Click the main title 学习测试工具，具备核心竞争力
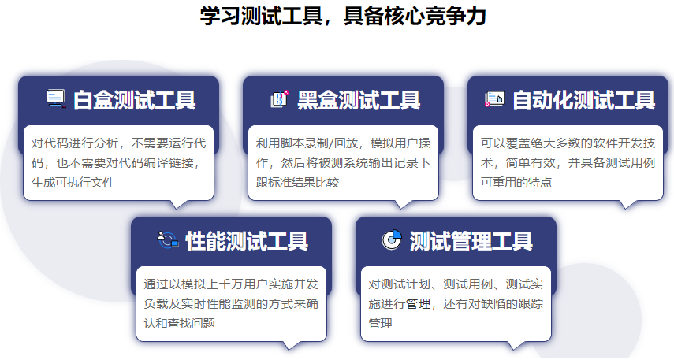[343, 17]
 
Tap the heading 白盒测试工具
[135, 100]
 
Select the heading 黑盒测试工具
[359, 100]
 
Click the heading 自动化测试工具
[583, 100]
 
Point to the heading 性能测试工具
[247, 241]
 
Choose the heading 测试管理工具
[471, 241]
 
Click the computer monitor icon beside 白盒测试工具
[56, 98]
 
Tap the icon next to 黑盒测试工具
[279, 98]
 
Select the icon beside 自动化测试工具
[494, 99]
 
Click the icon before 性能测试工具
[168, 239]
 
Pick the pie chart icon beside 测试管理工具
[392, 239]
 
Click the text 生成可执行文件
[73, 183]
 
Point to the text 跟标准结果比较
[297, 183]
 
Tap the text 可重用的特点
[516, 183]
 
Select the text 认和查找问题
[179, 324]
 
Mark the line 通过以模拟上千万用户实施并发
[231, 284]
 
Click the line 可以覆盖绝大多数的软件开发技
[568, 143]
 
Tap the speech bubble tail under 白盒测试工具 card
[177, 205]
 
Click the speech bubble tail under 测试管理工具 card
[515, 345]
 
